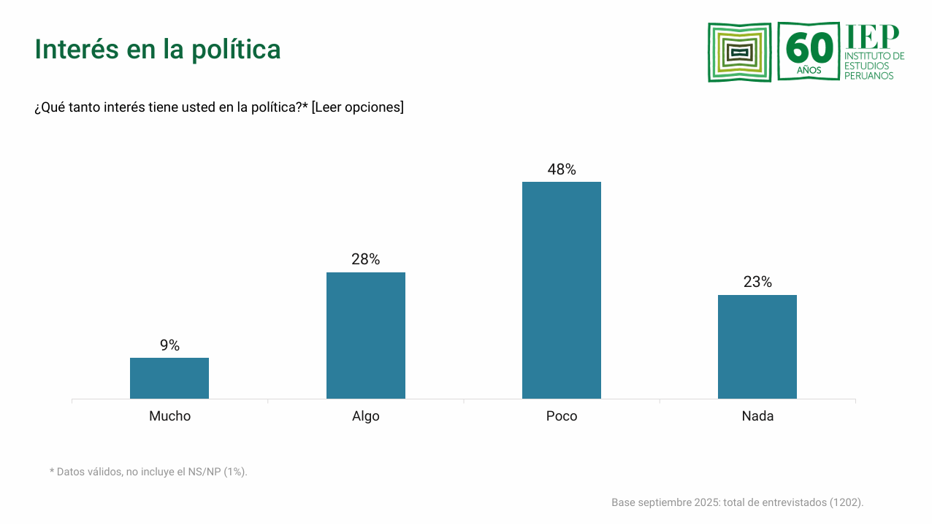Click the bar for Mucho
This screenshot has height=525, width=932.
169,378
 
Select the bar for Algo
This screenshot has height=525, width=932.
365,335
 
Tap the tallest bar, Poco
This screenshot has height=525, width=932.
561,290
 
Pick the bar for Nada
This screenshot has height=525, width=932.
757,347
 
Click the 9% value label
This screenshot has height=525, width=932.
169,345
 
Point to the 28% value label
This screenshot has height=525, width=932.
365,259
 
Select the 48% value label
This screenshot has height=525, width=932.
561,169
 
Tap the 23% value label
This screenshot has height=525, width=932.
757,282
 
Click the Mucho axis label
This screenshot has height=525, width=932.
169,416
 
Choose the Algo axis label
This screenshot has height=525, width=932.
365,416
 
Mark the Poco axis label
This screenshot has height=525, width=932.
561,416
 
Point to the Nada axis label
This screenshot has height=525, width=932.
757,416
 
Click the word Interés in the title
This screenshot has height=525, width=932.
77,49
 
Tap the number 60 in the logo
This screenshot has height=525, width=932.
809,49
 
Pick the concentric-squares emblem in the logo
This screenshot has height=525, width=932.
739,52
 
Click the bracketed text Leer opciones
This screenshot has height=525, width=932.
358,107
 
